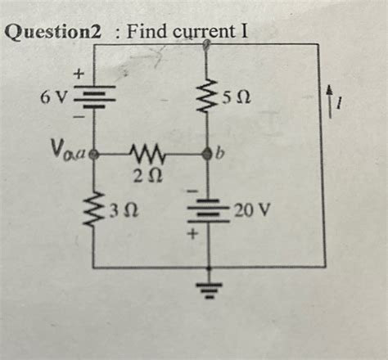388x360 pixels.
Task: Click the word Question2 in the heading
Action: click(55, 34)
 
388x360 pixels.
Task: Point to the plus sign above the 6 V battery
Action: click(79, 74)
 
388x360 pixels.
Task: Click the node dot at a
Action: click(95, 153)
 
